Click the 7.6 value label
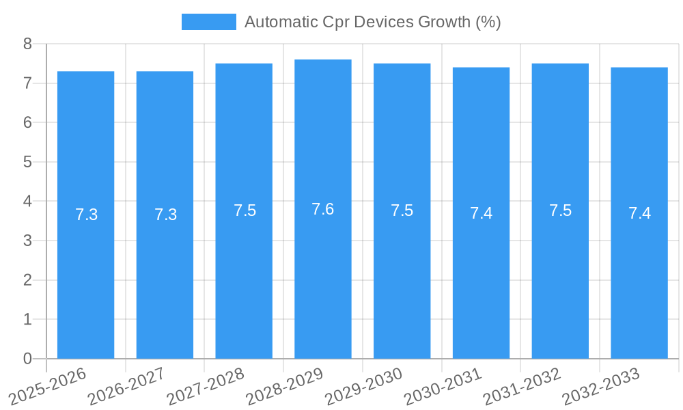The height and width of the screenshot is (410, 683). pyautogui.click(x=323, y=209)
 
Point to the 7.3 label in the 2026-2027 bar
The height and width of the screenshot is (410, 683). pyautogui.click(x=165, y=215)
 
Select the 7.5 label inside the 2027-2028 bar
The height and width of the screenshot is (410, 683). pyautogui.click(x=245, y=210)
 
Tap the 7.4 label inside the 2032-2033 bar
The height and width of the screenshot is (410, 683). pyautogui.click(x=639, y=213)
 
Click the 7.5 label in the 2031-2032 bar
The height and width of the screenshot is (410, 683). pyautogui.click(x=560, y=210)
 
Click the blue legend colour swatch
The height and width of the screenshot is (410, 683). pyautogui.click(x=208, y=22)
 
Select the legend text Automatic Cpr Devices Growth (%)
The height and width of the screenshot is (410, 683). pyautogui.click(x=372, y=22)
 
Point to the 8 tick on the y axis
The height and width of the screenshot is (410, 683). pyautogui.click(x=27, y=44)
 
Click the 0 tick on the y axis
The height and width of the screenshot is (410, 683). pyautogui.click(x=27, y=359)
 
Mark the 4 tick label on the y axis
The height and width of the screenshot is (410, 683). pyautogui.click(x=27, y=202)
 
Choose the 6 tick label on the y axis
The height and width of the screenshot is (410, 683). pyautogui.click(x=27, y=123)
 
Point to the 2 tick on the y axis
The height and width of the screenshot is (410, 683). pyautogui.click(x=27, y=280)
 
